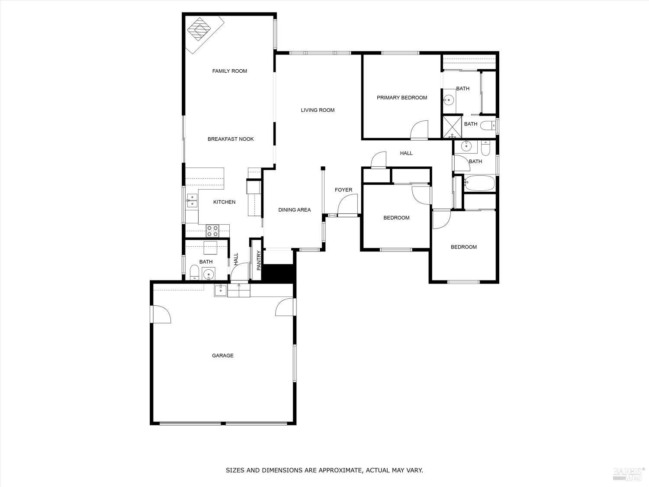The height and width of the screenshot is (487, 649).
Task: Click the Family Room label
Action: (x=229, y=71)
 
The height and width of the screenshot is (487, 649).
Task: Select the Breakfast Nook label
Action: (x=231, y=139)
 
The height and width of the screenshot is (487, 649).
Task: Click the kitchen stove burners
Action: (x=212, y=231)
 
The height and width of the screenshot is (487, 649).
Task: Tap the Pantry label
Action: (x=259, y=261)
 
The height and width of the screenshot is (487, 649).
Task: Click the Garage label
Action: (x=222, y=356)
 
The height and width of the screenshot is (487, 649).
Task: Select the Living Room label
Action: (x=318, y=110)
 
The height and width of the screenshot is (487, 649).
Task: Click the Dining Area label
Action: (x=294, y=210)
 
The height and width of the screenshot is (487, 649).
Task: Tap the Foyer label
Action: (x=344, y=190)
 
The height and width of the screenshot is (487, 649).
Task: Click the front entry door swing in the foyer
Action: (x=349, y=204)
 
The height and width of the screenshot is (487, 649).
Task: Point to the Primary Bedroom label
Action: (x=402, y=98)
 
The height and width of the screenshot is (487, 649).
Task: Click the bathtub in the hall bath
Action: (x=479, y=183)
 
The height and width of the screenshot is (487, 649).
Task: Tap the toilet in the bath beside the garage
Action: (x=195, y=273)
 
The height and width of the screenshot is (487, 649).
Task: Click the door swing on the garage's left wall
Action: (x=161, y=314)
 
